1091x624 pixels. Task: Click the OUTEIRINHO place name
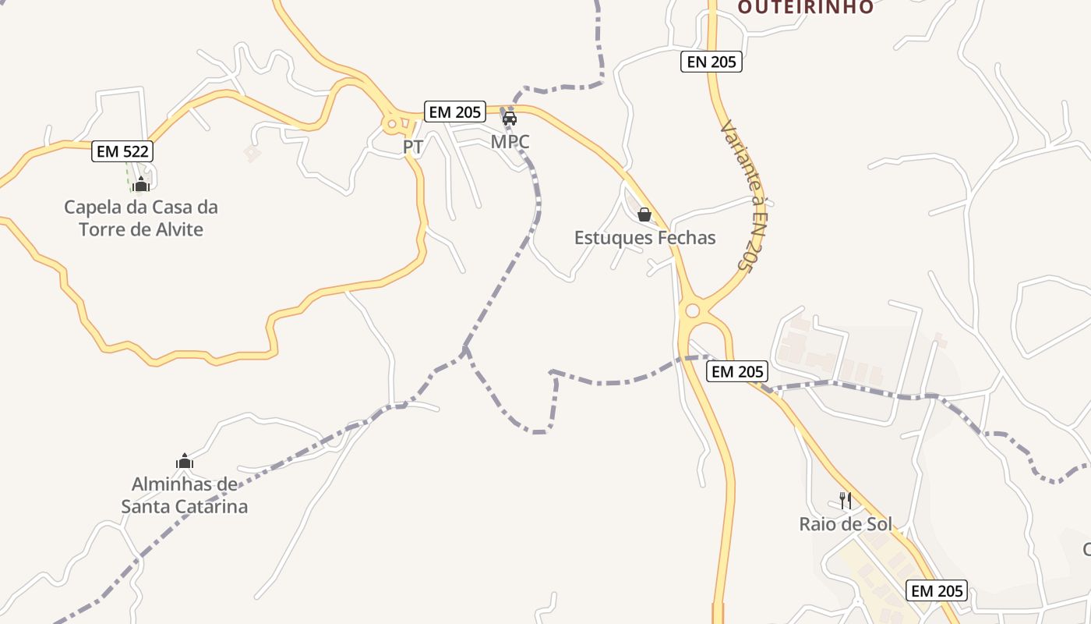[x=805, y=7]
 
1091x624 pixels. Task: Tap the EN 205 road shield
[x=711, y=62]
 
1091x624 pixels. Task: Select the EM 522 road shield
[x=122, y=151]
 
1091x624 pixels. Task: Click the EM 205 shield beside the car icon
[x=455, y=112]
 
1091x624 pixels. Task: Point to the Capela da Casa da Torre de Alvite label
[x=141, y=218]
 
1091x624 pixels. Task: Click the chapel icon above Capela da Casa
[x=141, y=185]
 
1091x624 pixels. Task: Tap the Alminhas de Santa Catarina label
[x=185, y=495]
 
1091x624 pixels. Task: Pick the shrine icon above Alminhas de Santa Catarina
[x=185, y=461]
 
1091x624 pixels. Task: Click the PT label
[x=413, y=147]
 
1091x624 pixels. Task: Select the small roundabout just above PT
[x=392, y=122]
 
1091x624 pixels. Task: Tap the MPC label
[x=510, y=142]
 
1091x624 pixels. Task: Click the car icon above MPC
[x=510, y=119]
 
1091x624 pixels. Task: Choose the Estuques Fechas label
[x=644, y=238]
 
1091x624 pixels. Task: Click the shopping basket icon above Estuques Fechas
[x=644, y=214]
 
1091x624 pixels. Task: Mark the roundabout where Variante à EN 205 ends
[x=691, y=311]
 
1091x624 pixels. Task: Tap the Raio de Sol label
[x=846, y=524]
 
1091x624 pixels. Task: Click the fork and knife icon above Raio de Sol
[x=846, y=500]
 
